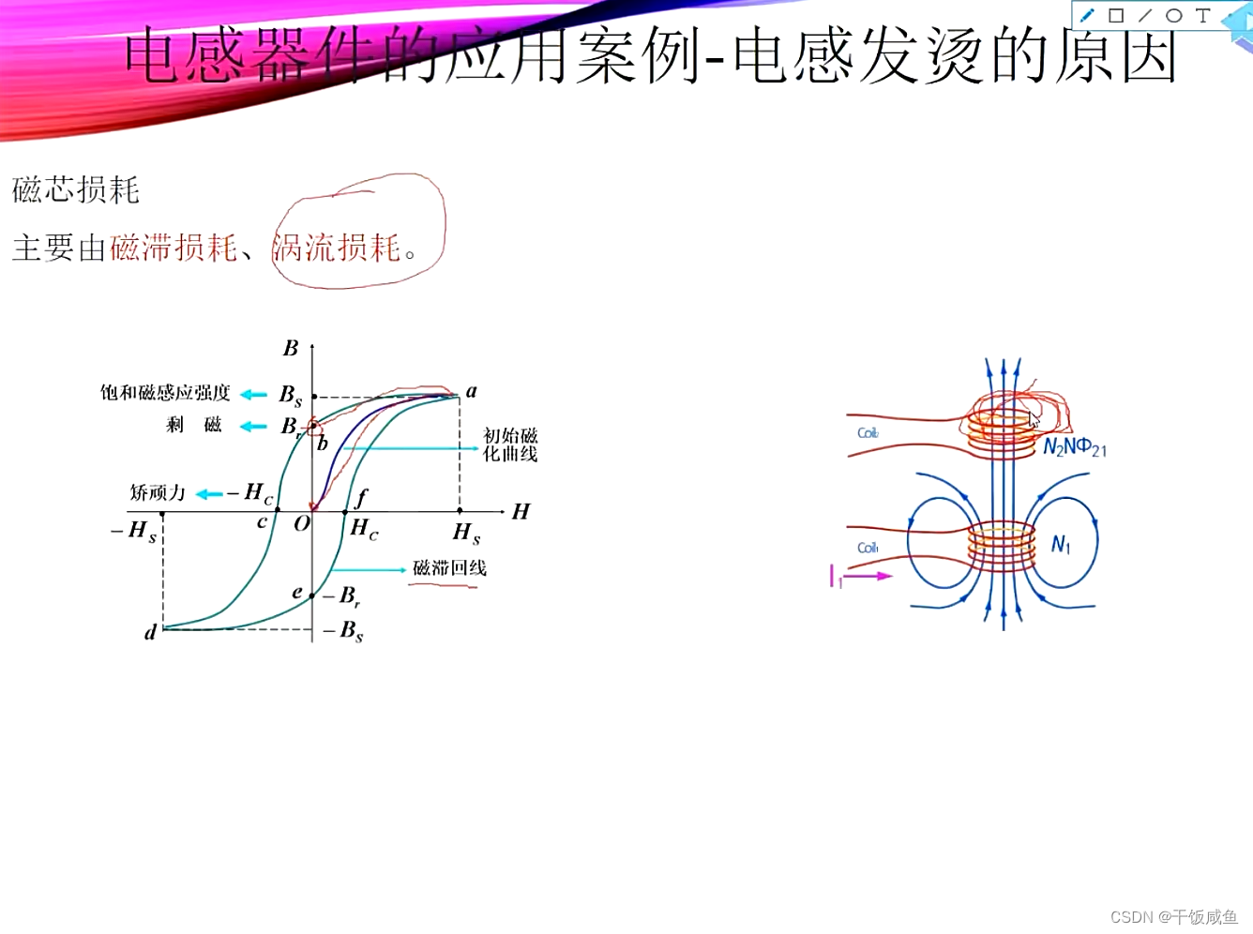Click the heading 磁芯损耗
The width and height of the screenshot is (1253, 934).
[76, 190]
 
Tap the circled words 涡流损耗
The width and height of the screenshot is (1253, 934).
[337, 248]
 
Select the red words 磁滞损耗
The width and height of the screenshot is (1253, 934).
[174, 248]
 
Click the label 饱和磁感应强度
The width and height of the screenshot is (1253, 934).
[165, 392]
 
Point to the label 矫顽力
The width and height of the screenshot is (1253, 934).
[158, 492]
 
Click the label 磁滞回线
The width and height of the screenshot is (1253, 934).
[449, 568]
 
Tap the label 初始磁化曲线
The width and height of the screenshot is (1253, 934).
[510, 444]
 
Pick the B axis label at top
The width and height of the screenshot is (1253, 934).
[291, 349]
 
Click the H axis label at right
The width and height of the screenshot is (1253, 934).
[521, 511]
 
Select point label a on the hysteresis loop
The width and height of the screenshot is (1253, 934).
[471, 391]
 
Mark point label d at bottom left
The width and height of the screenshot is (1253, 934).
[150, 633]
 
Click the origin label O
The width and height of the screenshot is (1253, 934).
[301, 524]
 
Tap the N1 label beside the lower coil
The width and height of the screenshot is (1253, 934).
[1061, 545]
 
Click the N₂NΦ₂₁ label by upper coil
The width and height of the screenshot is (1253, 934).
[1075, 447]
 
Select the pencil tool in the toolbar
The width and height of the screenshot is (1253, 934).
[1087, 15]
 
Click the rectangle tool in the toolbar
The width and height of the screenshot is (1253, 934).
[1116, 15]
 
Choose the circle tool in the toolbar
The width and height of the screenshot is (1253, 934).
[1173, 15]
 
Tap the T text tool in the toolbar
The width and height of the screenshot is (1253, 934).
[1202, 15]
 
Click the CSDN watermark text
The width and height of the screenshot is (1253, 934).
[1173, 916]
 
